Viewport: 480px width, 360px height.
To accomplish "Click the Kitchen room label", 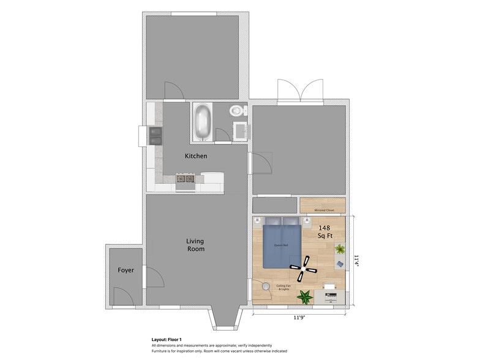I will pyautogui.click(x=196, y=156).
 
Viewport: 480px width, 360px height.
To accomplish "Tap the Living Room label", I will pyautogui.click(x=195, y=245).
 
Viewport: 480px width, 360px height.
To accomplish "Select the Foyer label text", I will pyautogui.click(x=126, y=270).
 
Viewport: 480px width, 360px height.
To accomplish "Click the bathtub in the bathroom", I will pyautogui.click(x=202, y=122).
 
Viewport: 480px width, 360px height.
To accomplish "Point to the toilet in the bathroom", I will pyautogui.click(x=237, y=111).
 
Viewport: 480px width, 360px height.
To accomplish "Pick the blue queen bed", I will pyautogui.click(x=282, y=246).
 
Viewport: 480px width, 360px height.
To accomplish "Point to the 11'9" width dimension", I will pyautogui.click(x=298, y=317).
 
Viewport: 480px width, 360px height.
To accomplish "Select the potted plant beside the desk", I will pyautogui.click(x=304, y=297).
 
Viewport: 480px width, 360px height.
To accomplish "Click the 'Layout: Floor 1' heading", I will pyautogui.click(x=167, y=339).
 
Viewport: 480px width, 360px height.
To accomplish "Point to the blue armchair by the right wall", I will pyautogui.click(x=339, y=263).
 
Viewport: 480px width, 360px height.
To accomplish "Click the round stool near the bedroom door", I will pyautogui.click(x=266, y=286).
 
